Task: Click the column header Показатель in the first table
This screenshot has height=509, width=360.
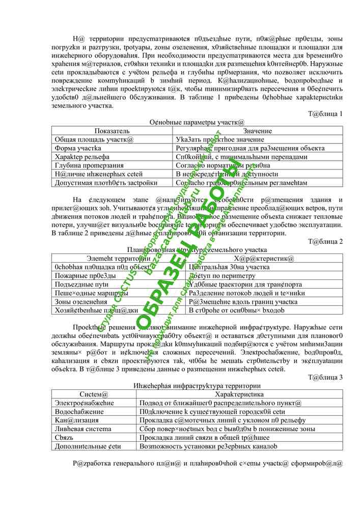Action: click(x=112, y=131)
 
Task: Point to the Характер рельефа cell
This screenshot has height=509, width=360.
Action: click(x=82, y=157)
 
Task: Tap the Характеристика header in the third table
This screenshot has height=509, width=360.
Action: click(x=239, y=394)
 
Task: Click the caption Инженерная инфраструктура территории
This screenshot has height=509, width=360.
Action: click(x=197, y=386)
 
